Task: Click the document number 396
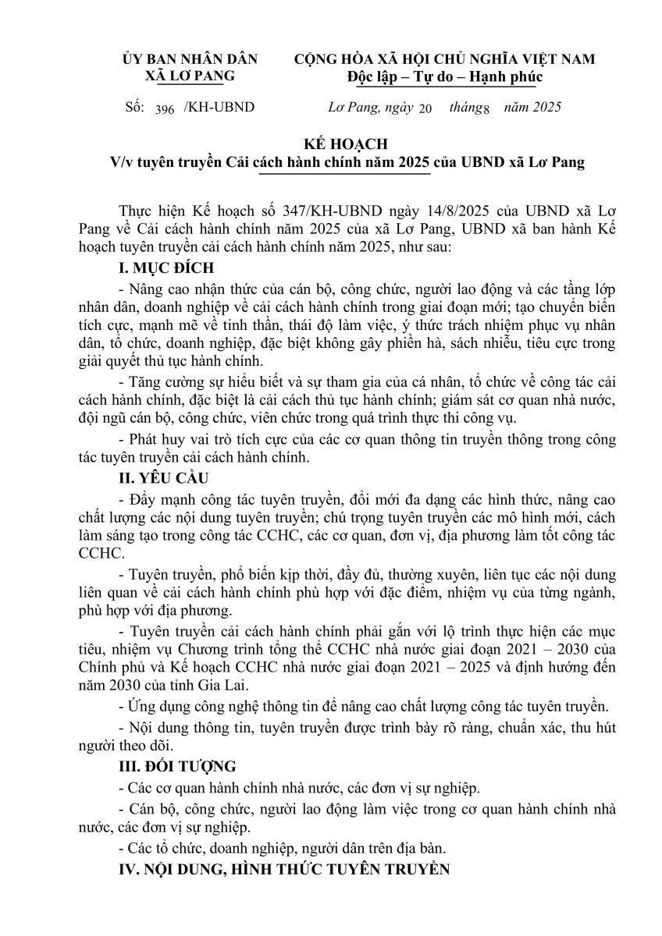point(164,108)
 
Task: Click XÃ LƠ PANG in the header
point(190,76)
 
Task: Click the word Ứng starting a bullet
point(141,707)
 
